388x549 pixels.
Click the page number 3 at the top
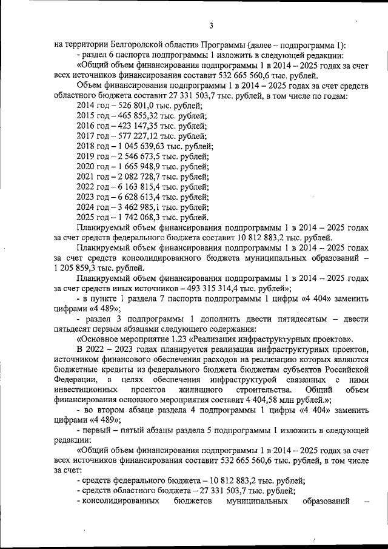(x=211, y=25)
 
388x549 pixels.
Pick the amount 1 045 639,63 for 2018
(x=141, y=147)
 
